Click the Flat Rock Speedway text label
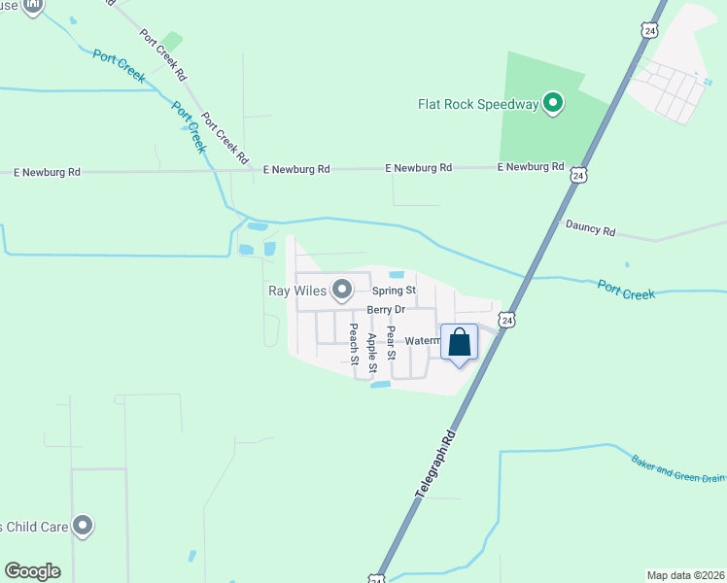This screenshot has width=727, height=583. [x=477, y=104]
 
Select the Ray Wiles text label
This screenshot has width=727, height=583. [x=297, y=290]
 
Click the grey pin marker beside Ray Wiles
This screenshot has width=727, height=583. [x=342, y=289]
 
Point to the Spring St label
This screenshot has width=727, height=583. [x=394, y=291]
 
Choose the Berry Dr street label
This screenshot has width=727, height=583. [x=385, y=310]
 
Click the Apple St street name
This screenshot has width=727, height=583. [x=372, y=351]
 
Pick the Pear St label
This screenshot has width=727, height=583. [x=391, y=343]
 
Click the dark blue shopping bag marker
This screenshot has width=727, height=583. [x=460, y=343]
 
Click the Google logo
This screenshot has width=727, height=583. [x=32, y=571]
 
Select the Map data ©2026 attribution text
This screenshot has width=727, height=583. [x=685, y=575]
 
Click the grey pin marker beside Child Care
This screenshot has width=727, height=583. [x=83, y=526]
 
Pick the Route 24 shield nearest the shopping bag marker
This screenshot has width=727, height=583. [x=507, y=319]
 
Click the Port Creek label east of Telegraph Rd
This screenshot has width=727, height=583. [x=626, y=289]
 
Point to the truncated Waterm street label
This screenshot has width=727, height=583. [x=423, y=341]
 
